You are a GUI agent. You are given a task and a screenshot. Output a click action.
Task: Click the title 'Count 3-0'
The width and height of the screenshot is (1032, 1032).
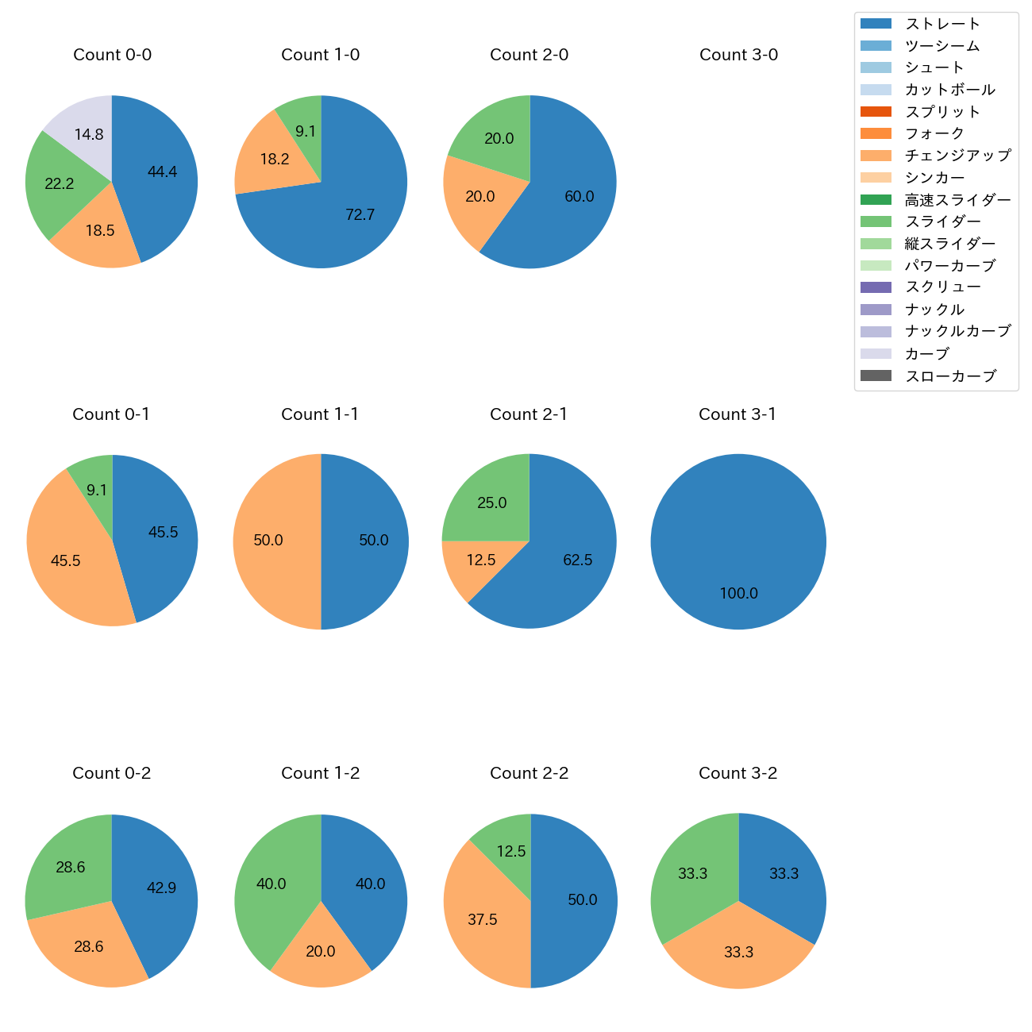[x=738, y=55]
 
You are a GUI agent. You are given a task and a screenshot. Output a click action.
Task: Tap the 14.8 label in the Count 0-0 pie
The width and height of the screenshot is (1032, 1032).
[x=89, y=135]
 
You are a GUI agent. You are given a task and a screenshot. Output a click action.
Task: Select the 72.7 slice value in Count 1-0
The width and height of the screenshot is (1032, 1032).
[x=360, y=214]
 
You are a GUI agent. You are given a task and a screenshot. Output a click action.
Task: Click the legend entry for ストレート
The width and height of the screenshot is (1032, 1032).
[x=942, y=24]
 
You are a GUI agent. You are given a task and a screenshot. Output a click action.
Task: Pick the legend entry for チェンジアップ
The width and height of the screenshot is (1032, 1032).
[x=957, y=156]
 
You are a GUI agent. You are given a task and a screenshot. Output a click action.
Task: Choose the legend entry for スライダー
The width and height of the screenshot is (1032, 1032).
[x=942, y=221]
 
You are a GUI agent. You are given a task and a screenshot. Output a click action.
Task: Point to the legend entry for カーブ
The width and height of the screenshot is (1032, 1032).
[x=926, y=354]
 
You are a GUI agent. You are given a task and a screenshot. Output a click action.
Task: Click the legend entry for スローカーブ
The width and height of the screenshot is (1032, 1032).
[x=949, y=376]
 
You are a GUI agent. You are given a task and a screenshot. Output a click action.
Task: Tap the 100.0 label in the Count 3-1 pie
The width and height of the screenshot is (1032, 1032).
[x=738, y=594]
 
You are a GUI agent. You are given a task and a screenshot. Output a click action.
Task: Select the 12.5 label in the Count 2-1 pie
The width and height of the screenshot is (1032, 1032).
[x=481, y=560]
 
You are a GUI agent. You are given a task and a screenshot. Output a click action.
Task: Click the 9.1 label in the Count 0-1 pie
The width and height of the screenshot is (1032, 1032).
[x=97, y=491]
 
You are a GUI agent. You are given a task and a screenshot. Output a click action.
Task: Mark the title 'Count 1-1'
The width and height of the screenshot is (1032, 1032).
[x=320, y=414]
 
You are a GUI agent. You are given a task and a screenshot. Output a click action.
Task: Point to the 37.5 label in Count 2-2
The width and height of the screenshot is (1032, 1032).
[x=483, y=919]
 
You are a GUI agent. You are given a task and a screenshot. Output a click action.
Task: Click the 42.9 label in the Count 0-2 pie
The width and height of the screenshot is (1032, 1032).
[x=161, y=888]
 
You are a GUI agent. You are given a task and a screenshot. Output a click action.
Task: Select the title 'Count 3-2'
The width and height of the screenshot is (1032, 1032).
[x=737, y=773]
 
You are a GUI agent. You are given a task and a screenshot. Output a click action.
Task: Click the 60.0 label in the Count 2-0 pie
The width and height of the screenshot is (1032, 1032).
[x=579, y=197]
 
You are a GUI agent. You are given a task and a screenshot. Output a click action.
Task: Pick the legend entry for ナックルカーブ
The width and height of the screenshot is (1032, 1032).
[x=957, y=332]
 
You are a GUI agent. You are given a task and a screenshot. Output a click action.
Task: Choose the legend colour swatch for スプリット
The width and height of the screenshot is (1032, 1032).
[x=876, y=112]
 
